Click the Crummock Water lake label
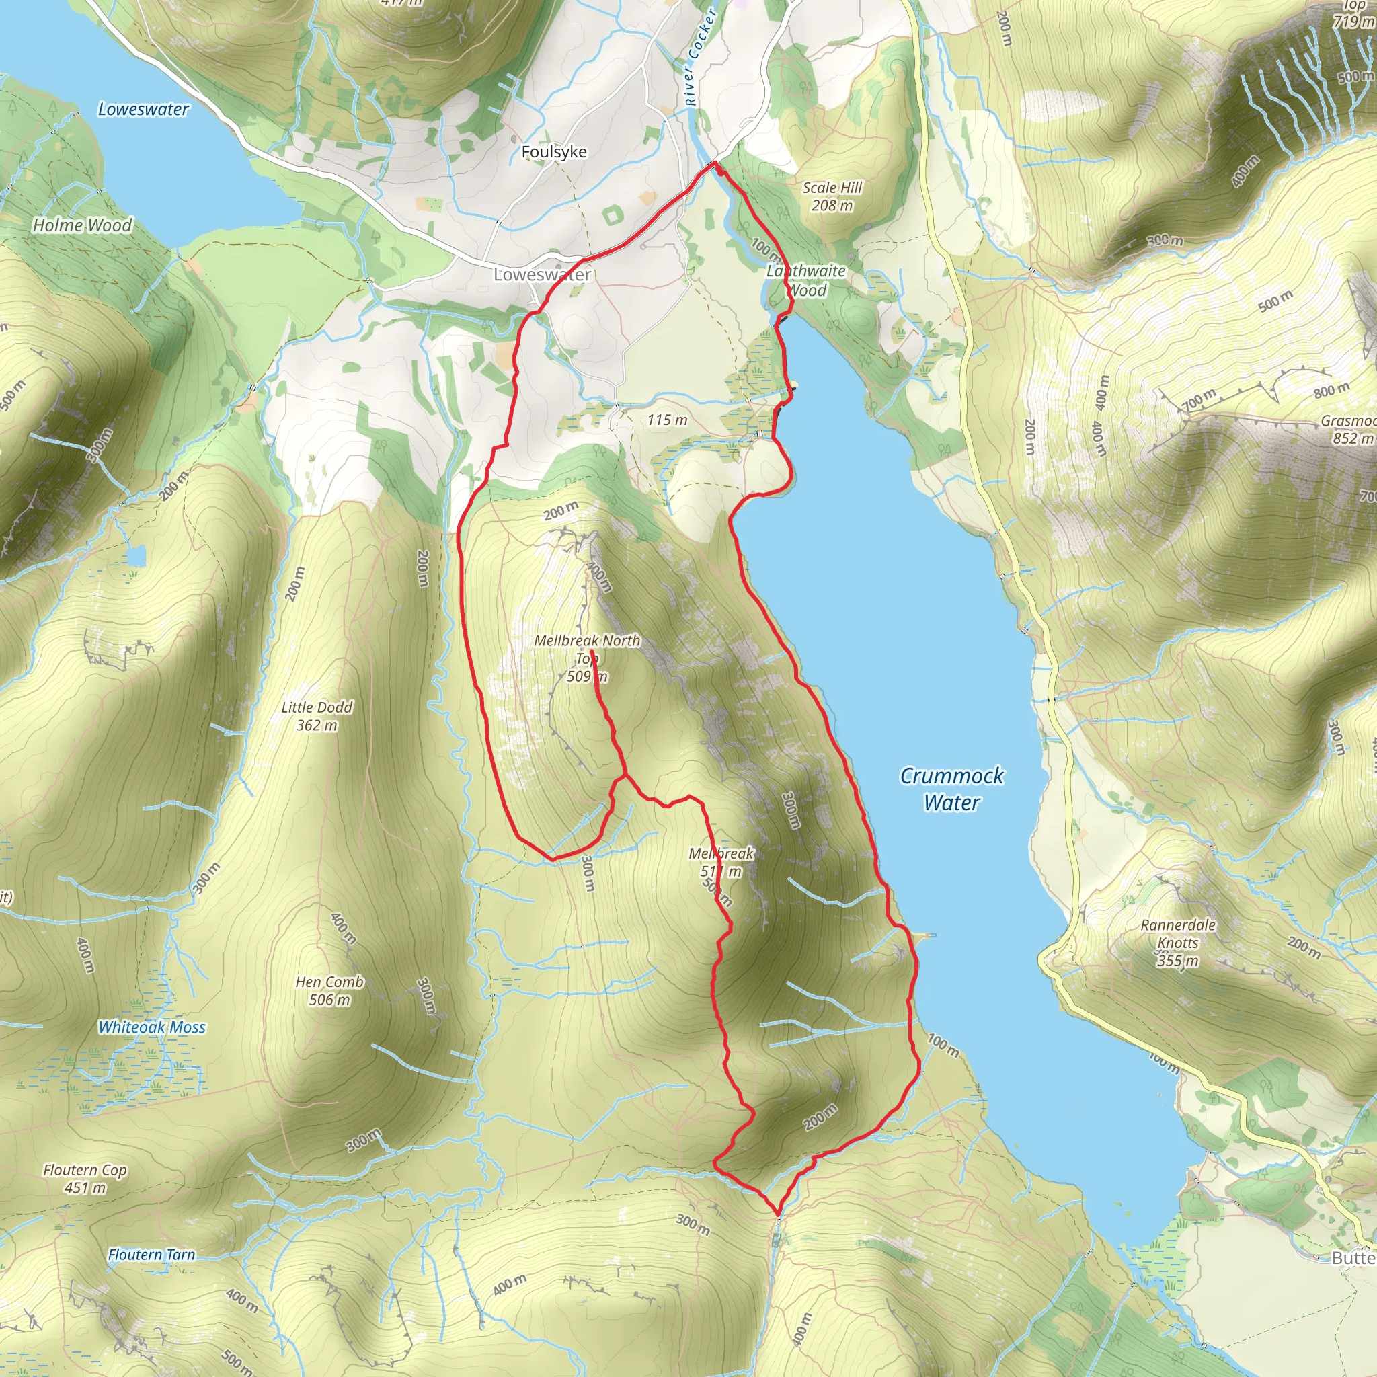[x=951, y=789]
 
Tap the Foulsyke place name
[x=554, y=152]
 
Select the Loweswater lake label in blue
[x=143, y=109]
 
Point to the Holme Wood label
[x=83, y=225]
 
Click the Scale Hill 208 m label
[x=832, y=196]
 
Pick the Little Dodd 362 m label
[x=317, y=715]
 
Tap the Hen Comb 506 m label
[x=329, y=990]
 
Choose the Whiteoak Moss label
[x=152, y=1027]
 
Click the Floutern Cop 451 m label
[x=85, y=1178]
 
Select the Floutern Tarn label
[x=151, y=1255]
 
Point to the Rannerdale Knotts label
[x=1177, y=942]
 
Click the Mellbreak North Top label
[x=587, y=650]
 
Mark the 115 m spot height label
[x=667, y=420]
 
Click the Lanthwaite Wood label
[x=806, y=280]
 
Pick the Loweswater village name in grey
[x=542, y=274]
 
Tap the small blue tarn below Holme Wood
[x=135, y=555]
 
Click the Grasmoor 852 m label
[x=1347, y=429]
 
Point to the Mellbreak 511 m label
[x=721, y=862]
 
